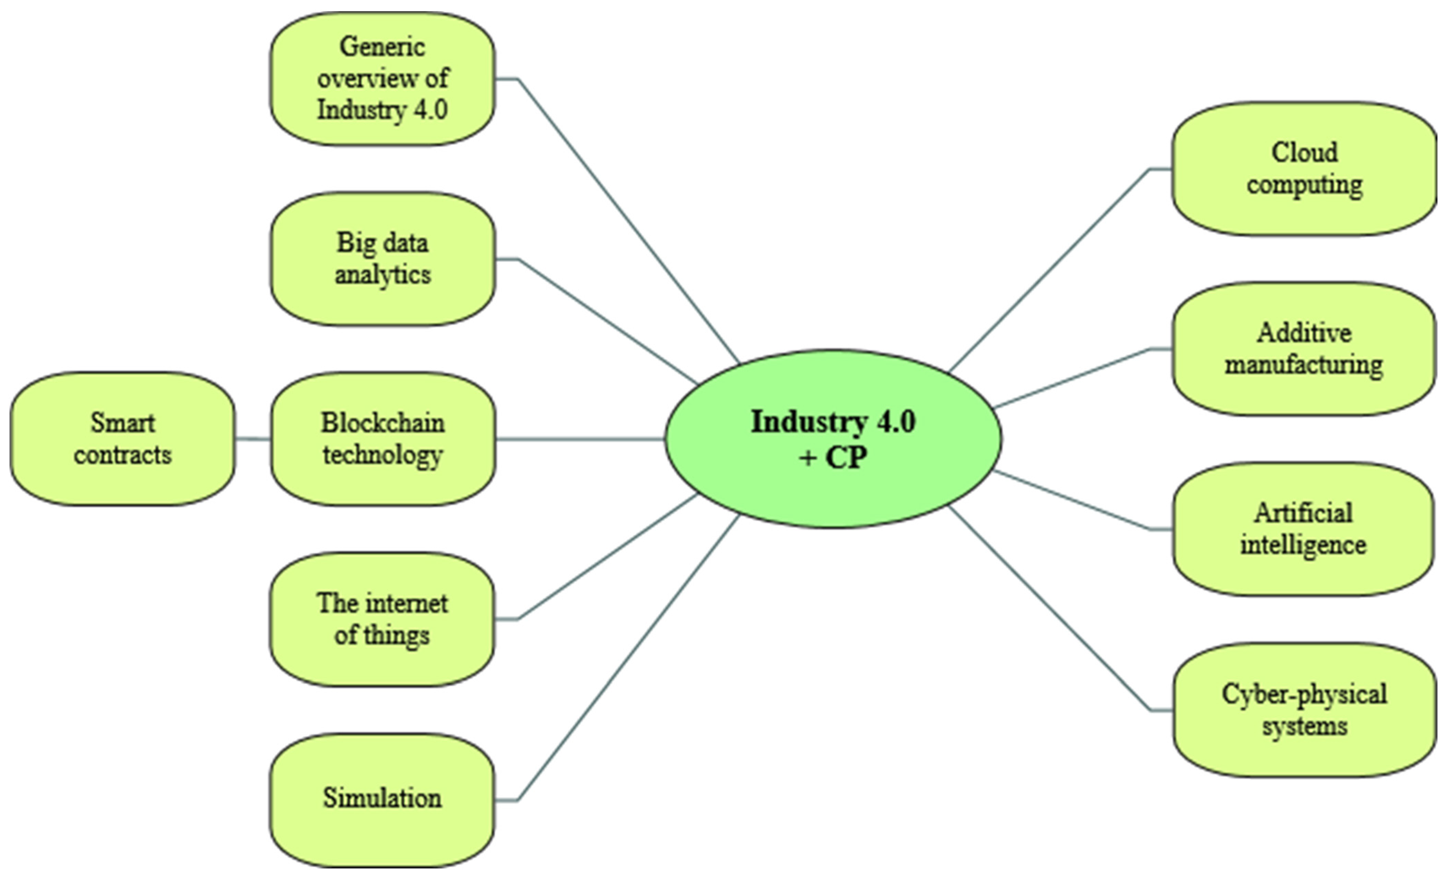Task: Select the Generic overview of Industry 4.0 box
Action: (x=382, y=79)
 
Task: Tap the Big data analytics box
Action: (x=382, y=259)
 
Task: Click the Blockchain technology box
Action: (x=382, y=439)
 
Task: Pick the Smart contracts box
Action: (x=123, y=439)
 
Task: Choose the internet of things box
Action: (x=382, y=619)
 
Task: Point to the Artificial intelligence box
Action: (x=1304, y=529)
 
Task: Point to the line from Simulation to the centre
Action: (x=628, y=658)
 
